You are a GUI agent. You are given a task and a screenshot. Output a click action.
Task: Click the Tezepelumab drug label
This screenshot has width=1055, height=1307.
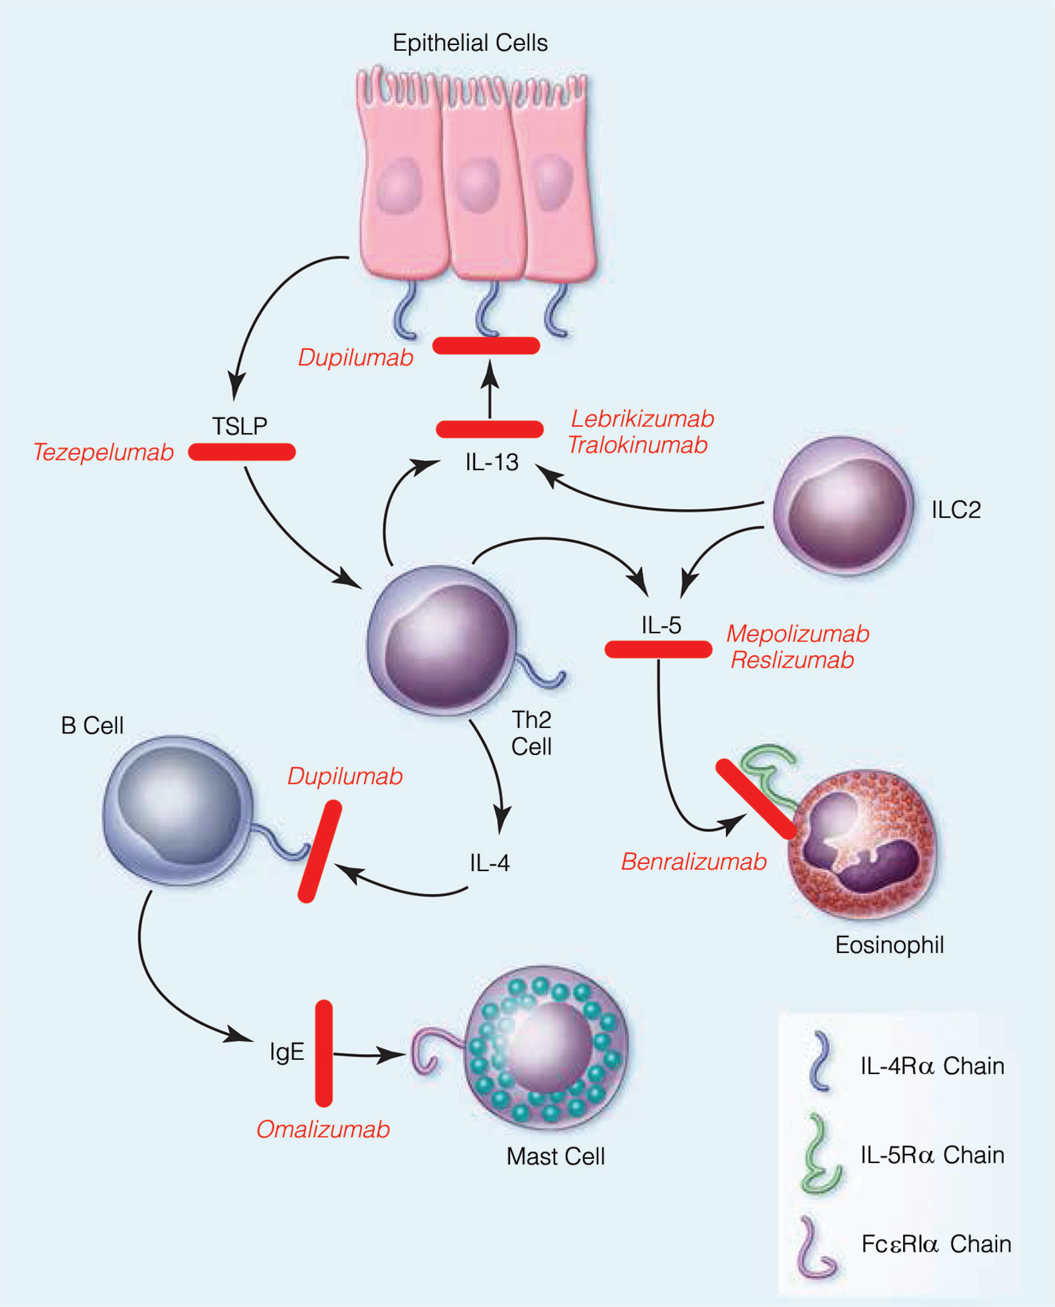(x=103, y=452)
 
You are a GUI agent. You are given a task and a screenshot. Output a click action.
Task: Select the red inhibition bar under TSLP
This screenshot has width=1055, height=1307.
(x=242, y=452)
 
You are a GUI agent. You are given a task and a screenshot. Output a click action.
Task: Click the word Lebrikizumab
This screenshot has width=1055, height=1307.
(x=642, y=419)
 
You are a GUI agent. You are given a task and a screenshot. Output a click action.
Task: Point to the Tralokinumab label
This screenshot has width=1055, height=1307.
(x=638, y=445)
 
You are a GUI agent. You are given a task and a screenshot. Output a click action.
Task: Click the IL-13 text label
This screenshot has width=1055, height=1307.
(x=492, y=463)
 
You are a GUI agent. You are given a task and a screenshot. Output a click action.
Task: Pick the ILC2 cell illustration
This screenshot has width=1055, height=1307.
(x=843, y=506)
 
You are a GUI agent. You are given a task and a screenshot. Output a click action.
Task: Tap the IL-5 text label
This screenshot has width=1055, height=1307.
(x=661, y=625)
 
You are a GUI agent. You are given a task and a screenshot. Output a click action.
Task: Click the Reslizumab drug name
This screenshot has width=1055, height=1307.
(x=792, y=660)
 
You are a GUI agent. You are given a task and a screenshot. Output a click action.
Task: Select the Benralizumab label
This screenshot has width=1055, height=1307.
(x=693, y=862)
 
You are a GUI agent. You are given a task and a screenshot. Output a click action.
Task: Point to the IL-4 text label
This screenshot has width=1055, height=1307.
(x=489, y=863)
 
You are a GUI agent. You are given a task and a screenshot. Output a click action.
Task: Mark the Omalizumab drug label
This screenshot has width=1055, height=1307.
(x=323, y=1130)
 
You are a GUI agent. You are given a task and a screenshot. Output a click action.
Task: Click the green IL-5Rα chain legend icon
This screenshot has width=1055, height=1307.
(x=821, y=1154)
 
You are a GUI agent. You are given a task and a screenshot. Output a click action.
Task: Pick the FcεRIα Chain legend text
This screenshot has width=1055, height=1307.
(x=936, y=1244)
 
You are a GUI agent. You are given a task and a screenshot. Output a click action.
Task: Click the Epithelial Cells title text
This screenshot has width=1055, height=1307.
(x=470, y=43)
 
